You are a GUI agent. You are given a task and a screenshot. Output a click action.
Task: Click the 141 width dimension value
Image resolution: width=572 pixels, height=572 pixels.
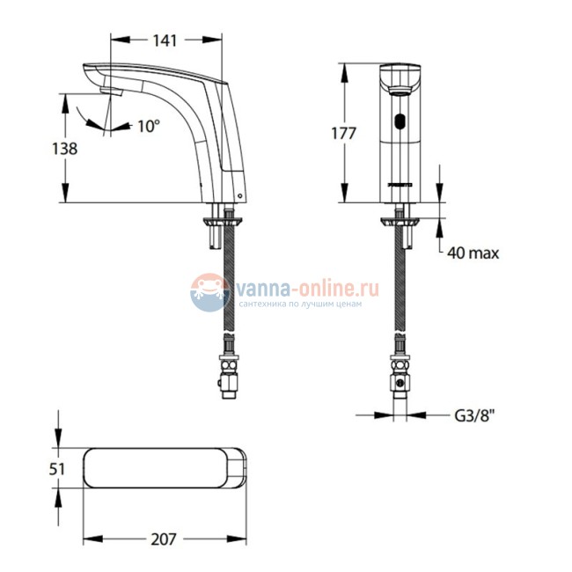(x=165, y=40)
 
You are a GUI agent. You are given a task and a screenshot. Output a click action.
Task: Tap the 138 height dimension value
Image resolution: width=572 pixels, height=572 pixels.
(x=64, y=149)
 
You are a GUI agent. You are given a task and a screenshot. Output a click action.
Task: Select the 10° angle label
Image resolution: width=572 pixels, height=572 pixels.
(x=149, y=126)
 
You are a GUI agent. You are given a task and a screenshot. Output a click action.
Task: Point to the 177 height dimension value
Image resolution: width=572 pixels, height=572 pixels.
(x=343, y=133)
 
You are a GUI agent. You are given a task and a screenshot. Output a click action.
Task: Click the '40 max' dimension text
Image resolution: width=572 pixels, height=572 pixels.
(x=473, y=253)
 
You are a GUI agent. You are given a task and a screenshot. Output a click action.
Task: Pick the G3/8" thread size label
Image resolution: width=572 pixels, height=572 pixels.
(x=474, y=415)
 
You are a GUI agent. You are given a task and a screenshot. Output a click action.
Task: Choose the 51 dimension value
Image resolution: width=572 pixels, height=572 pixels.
(x=57, y=469)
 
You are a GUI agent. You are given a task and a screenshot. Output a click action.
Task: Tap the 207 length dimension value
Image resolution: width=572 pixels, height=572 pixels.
(x=164, y=539)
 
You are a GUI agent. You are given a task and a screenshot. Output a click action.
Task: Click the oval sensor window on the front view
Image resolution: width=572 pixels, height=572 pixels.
(x=400, y=121)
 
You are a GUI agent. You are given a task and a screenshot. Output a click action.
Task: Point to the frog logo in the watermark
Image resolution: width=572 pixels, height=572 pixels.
(x=209, y=292)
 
